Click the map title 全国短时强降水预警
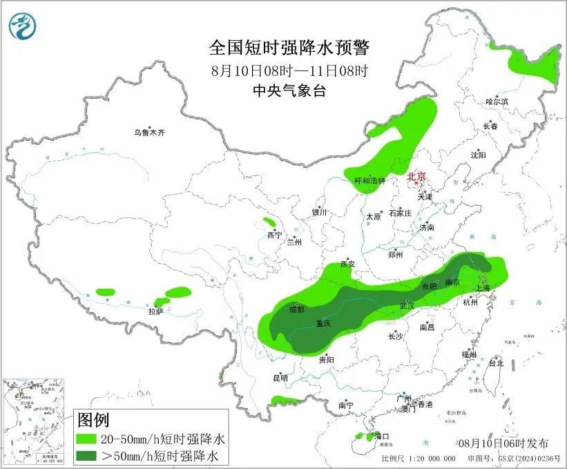click(289, 48)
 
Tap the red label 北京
click(416, 177)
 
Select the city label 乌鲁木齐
click(150, 132)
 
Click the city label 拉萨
click(156, 312)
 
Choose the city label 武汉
click(407, 306)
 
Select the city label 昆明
click(280, 378)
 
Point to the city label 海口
click(382, 437)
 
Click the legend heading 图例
click(93, 419)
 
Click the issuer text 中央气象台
click(289, 90)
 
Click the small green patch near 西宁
click(269, 223)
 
